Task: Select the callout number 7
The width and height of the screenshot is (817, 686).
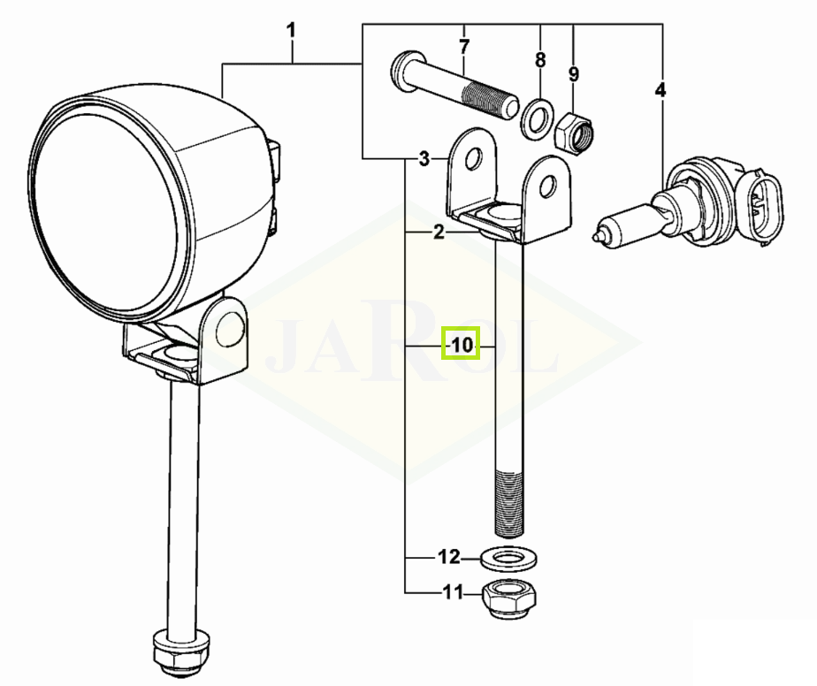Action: tap(464, 47)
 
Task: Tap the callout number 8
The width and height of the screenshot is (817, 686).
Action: tap(540, 60)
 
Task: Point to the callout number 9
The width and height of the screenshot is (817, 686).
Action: tap(574, 73)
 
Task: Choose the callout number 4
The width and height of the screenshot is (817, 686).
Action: tap(660, 90)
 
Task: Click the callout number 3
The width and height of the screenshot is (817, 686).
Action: tap(424, 158)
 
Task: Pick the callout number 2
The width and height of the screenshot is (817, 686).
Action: tap(439, 232)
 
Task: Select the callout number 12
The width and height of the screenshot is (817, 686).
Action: tap(449, 557)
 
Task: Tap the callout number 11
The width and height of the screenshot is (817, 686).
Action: tap(453, 592)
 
